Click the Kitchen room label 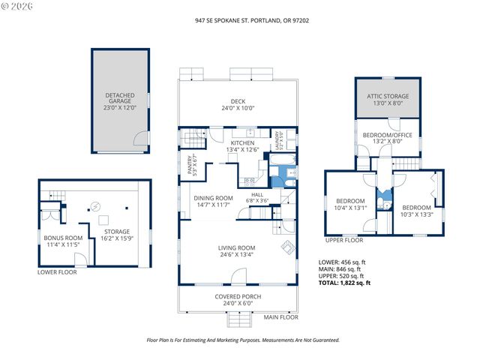242,146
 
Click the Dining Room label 213,201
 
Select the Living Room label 237,251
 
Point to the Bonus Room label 63,241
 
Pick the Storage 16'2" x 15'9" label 117,235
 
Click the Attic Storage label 388,100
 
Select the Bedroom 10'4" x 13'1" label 350,204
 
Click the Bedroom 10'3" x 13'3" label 416,211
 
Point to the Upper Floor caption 344,240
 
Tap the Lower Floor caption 57,272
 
